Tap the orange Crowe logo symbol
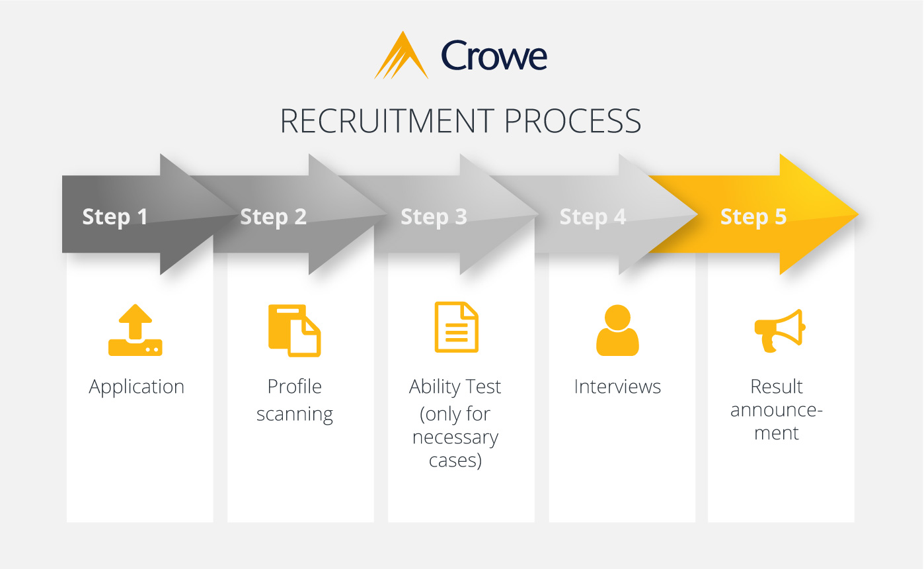[x=401, y=56]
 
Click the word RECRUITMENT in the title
[x=386, y=120]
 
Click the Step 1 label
[x=115, y=216]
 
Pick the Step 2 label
[x=274, y=216]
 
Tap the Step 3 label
[x=434, y=216]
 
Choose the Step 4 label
[x=593, y=216]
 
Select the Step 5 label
[x=753, y=216]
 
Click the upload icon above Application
[x=135, y=330]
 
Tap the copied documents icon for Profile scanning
[x=294, y=330]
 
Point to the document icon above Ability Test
[x=456, y=328]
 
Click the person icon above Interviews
[x=617, y=330]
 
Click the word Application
[x=137, y=387]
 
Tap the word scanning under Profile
[x=295, y=415]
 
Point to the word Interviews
[x=617, y=386]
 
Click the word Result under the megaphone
[x=777, y=386]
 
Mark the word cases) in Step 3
[x=455, y=460]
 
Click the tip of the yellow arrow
[x=855, y=214]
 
